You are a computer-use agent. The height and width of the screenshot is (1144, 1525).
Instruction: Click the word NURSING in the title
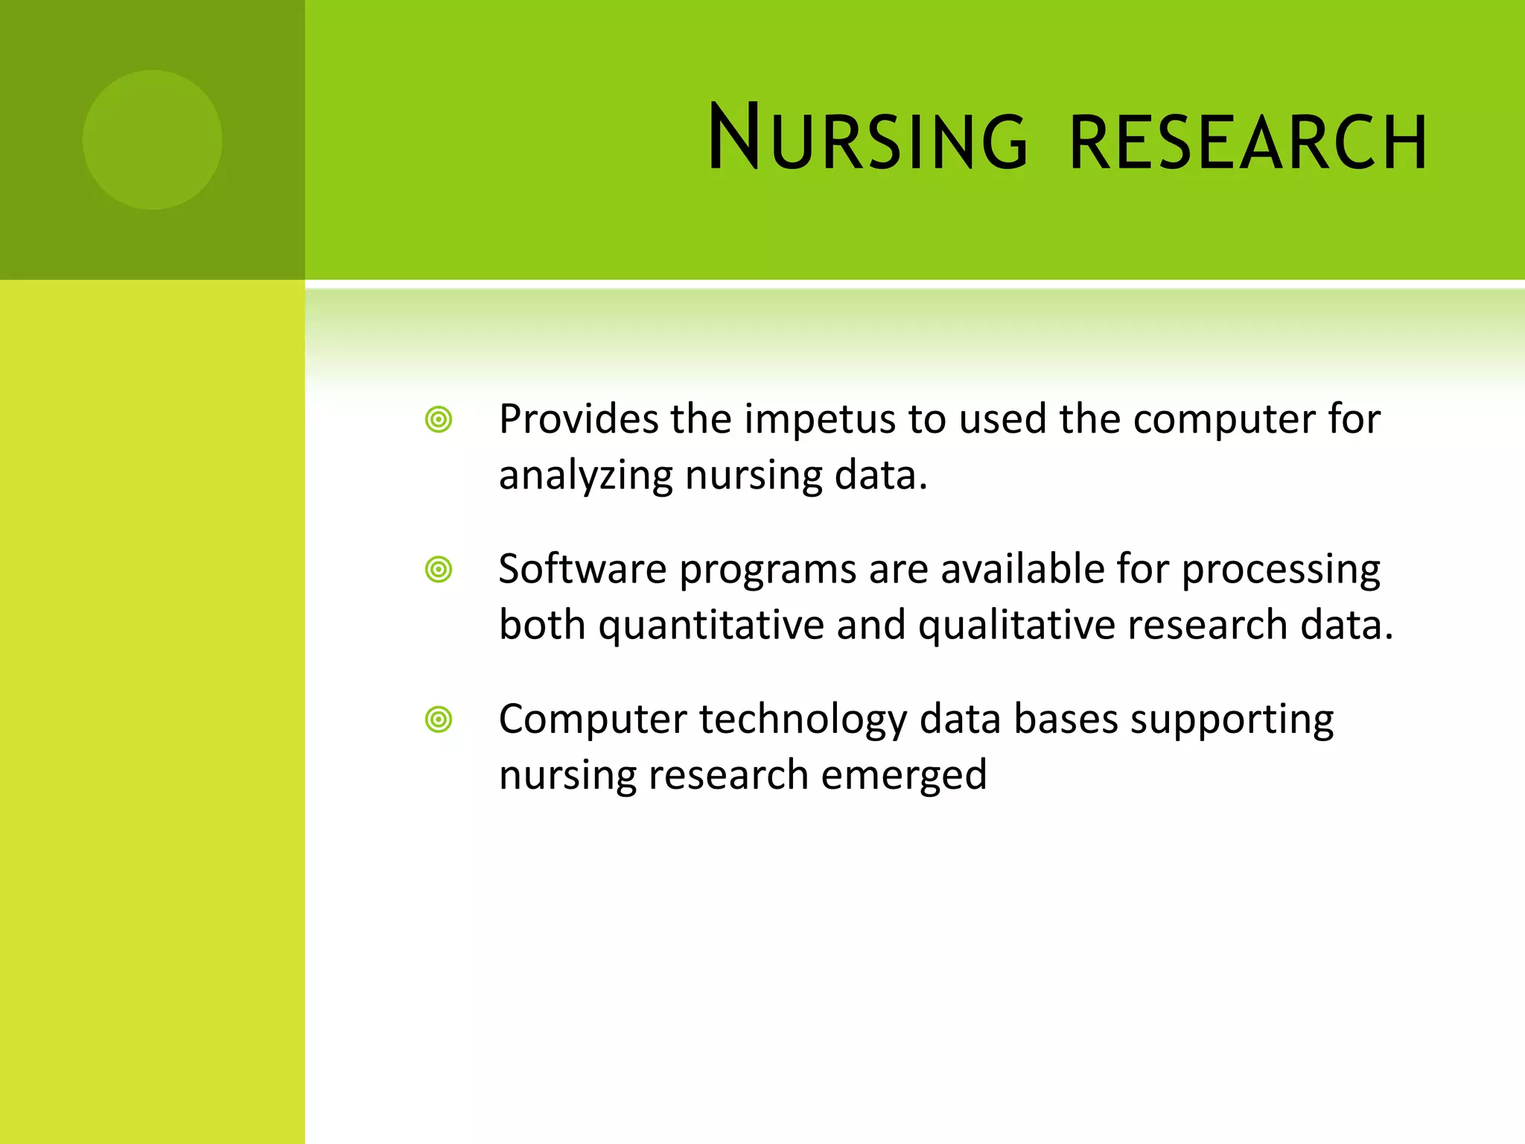point(867,139)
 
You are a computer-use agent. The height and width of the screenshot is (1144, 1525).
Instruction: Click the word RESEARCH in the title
point(1248,142)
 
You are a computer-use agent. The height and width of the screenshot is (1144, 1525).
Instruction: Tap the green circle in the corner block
point(152,139)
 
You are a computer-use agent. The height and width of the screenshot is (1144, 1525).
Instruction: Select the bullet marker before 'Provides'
point(439,419)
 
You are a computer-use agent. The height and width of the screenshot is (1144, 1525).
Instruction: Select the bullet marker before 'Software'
point(439,570)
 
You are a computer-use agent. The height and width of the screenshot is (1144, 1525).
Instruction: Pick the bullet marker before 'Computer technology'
point(439,719)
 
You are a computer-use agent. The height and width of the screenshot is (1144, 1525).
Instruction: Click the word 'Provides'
point(579,419)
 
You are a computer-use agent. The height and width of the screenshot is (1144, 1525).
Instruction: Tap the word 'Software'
point(582,569)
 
